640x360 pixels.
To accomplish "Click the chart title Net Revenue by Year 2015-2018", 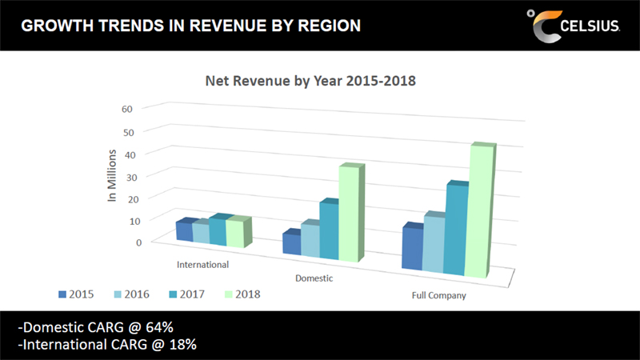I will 311,81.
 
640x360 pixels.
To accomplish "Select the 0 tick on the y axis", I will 138,242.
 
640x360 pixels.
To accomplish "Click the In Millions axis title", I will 113,174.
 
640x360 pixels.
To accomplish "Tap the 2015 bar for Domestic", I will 292,243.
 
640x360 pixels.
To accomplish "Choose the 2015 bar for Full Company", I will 412,249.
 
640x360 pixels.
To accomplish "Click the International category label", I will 202,264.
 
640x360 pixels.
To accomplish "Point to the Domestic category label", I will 314,278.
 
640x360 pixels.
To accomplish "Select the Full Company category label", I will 438,296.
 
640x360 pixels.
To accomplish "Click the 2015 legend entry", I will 76,294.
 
